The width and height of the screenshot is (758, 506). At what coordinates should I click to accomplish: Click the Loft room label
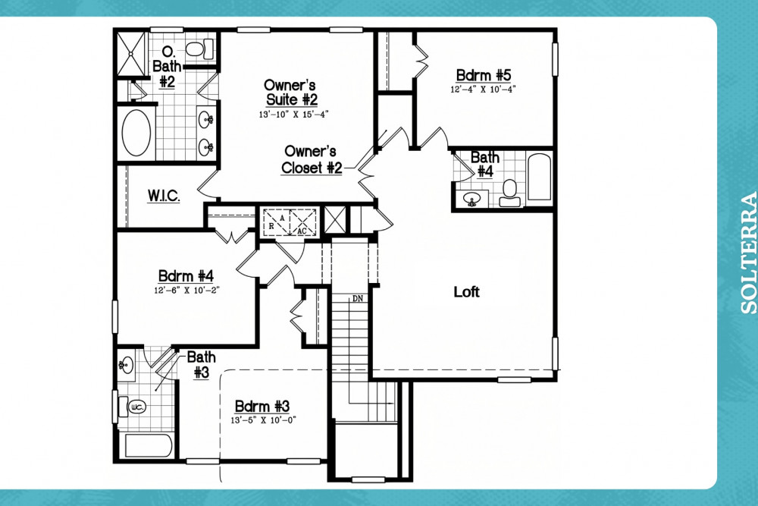[x=466, y=292]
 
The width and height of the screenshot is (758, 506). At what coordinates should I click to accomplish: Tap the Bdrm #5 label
[x=484, y=75]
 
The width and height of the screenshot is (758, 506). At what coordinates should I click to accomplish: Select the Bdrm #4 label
[x=186, y=275]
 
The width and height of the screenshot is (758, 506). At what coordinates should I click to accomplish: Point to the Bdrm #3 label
[x=262, y=405]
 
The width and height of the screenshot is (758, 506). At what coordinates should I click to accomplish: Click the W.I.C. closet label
[x=164, y=196]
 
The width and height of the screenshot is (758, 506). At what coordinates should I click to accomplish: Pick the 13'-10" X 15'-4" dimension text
[x=293, y=115]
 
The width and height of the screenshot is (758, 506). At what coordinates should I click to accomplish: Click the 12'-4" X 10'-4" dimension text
[x=484, y=90]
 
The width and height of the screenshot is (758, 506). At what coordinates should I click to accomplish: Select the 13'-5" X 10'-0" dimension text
[x=263, y=420]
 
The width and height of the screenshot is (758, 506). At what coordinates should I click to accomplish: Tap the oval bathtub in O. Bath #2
[x=136, y=133]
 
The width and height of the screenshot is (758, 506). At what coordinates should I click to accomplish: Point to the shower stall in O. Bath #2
[x=131, y=54]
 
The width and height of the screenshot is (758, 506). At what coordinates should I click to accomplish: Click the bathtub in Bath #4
[x=539, y=177]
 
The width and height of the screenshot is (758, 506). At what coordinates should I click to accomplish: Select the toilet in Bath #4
[x=510, y=193]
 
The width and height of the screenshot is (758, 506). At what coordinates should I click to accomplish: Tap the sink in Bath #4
[x=471, y=199]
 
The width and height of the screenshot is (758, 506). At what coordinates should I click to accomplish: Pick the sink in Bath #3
[x=126, y=365]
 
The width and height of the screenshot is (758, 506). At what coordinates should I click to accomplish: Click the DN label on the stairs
[x=358, y=298]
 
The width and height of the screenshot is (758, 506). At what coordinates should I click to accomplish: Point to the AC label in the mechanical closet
[x=302, y=231]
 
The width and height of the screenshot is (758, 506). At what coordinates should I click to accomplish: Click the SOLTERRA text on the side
[x=749, y=253]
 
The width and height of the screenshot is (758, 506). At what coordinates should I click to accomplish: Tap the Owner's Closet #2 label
[x=312, y=159]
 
